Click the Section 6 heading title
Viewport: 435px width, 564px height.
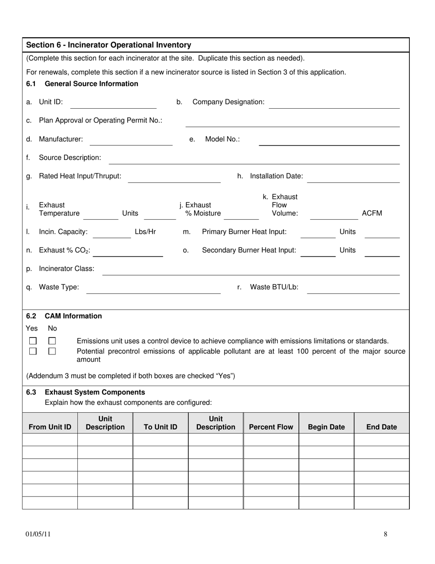(109, 45)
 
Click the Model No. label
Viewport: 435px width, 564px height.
(222, 139)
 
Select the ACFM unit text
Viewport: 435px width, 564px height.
(372, 213)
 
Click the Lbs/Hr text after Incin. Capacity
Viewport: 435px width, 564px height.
(145, 232)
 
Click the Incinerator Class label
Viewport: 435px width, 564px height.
(66, 268)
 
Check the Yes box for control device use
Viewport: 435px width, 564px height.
(33, 341)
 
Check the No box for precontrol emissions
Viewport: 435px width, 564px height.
(52, 351)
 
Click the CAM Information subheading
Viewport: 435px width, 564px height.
(73, 316)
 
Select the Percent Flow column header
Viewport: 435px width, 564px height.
(271, 427)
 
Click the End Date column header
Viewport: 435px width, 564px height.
(381, 427)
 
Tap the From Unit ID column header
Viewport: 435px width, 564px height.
(50, 427)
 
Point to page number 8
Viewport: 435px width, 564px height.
(386, 534)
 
